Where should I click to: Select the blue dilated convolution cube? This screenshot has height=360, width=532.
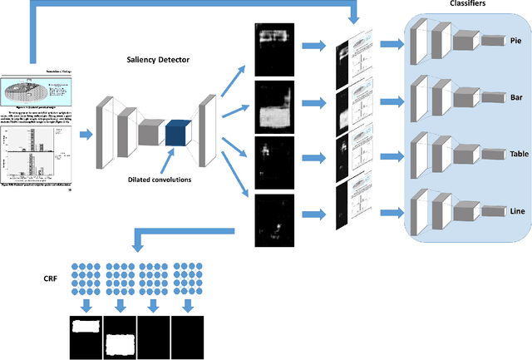177,134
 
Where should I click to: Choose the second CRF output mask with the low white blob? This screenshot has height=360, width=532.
120,336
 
